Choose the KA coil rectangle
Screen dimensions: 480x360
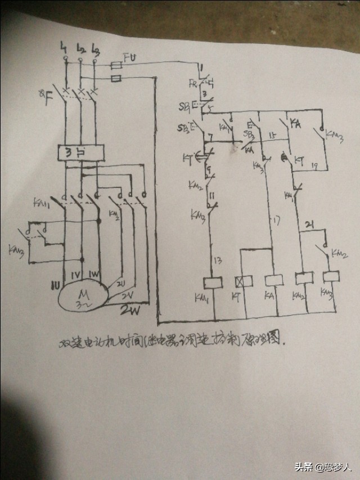273,279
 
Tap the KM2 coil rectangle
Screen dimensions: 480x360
304,278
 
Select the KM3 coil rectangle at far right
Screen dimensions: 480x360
331,277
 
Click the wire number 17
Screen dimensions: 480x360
276,221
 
